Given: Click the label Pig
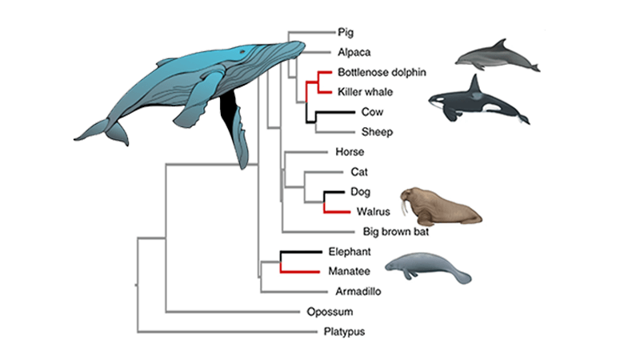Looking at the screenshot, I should pos(345,33).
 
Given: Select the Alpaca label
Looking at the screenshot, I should pos(351,52).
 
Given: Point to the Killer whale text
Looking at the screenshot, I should pos(364,92).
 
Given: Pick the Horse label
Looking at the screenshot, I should pos(351,152).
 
